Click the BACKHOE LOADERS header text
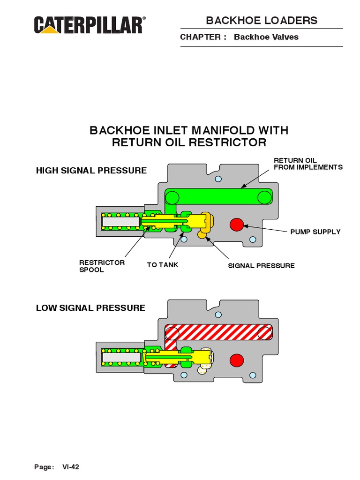point(262,20)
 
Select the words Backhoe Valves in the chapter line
point(266,37)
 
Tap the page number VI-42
point(71,467)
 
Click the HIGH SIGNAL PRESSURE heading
point(91,171)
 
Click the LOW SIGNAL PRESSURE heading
point(90,308)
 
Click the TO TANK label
point(162,265)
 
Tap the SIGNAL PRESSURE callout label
point(261,266)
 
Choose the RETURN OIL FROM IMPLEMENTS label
point(308,164)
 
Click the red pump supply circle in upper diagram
point(237,225)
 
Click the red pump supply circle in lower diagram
point(237,360)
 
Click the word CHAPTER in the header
point(200,37)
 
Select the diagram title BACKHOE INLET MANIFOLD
point(189,130)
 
